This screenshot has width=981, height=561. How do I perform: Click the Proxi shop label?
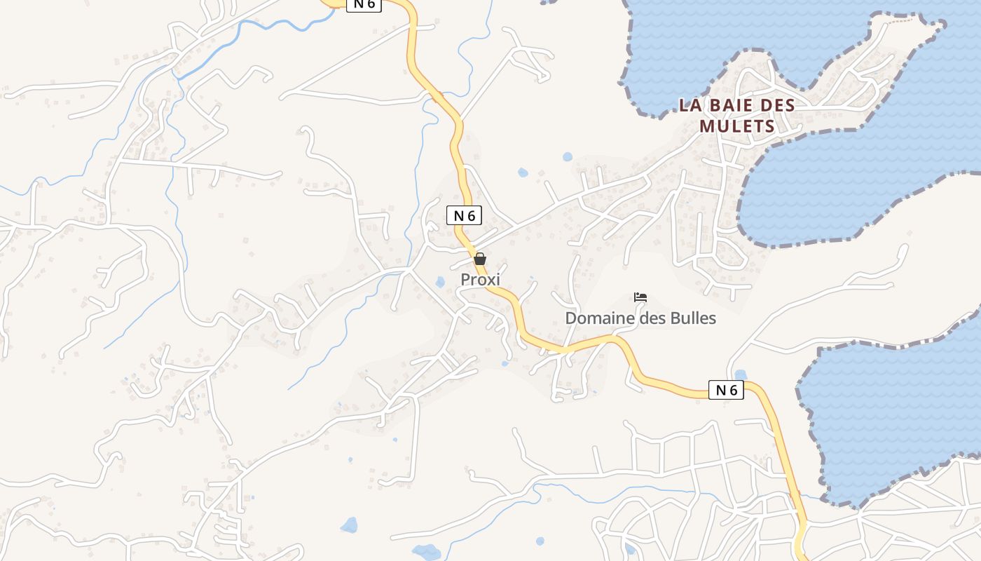click(x=480, y=279)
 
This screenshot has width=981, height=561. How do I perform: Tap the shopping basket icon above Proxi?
click(x=480, y=259)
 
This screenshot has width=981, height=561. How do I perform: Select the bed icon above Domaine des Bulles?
click(x=640, y=297)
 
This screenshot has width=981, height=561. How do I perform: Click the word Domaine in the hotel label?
click(x=596, y=318)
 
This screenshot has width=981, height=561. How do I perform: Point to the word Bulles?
click(x=693, y=318)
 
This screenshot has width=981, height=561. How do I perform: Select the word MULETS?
click(x=737, y=127)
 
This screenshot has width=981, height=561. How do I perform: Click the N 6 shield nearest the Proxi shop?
click(x=464, y=215)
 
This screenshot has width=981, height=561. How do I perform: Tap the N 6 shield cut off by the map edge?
click(x=364, y=4)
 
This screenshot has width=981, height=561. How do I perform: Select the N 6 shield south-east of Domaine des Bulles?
click(x=725, y=390)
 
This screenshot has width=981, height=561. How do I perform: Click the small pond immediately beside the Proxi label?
click(x=440, y=282)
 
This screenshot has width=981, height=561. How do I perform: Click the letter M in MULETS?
click(x=706, y=127)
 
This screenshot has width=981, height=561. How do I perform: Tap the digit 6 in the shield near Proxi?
click(x=471, y=216)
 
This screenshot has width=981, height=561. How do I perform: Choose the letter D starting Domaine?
click(x=570, y=318)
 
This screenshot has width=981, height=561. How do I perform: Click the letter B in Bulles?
click(x=675, y=318)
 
